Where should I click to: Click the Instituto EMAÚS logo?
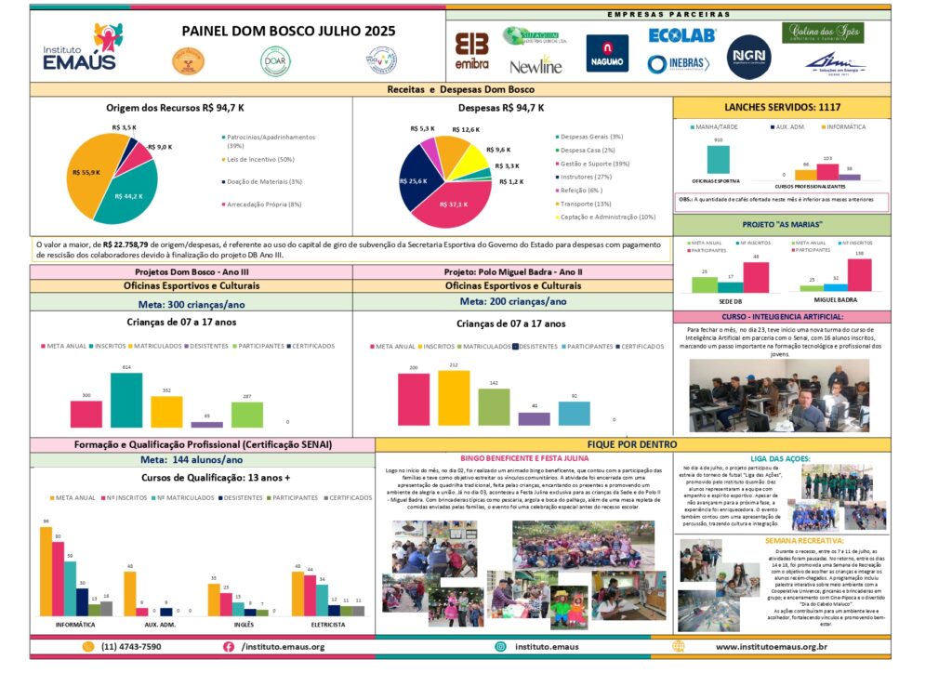click(x=82, y=48)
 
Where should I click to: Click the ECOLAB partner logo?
click(x=681, y=35)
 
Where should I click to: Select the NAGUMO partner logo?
click(x=607, y=53)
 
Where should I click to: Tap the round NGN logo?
click(x=748, y=56)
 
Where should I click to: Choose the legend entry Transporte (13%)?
click(x=584, y=203)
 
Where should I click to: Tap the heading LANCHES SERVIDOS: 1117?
click(x=781, y=107)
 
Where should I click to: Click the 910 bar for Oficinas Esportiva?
click(x=717, y=160)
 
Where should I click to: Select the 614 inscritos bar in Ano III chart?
click(x=126, y=400)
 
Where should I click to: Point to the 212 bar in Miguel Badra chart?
click(x=454, y=398)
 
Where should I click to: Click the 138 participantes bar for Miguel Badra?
click(x=859, y=275)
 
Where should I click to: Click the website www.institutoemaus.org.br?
click(x=772, y=646)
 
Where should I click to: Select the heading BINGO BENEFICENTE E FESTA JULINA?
click(x=523, y=458)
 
